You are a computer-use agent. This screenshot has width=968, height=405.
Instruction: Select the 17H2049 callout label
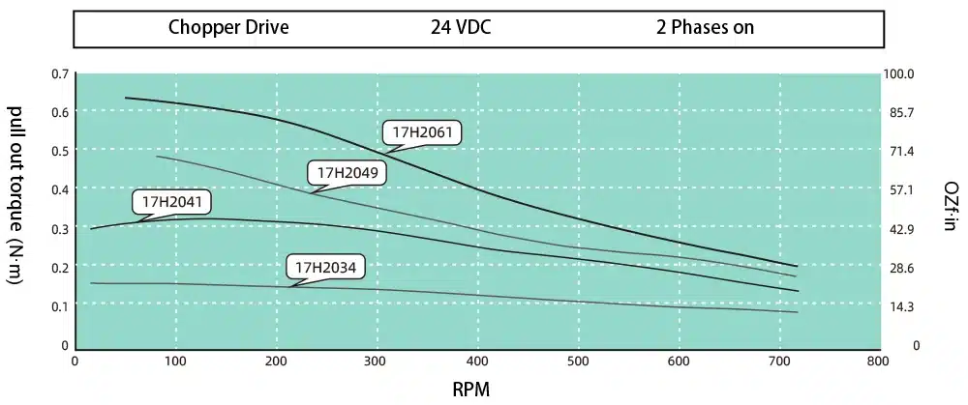click(x=348, y=173)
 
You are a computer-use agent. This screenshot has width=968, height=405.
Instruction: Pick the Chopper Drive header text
click(x=228, y=27)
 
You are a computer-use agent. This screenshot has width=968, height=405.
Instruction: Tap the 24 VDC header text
click(x=461, y=27)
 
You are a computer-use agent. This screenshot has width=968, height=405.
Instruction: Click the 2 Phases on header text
click(x=705, y=27)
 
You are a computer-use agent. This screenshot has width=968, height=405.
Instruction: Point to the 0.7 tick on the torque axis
click(x=60, y=74)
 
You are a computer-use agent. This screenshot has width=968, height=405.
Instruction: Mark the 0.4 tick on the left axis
click(x=60, y=189)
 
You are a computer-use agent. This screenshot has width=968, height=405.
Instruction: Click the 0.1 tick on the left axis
click(x=60, y=306)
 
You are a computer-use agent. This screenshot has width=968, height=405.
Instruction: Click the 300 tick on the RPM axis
click(x=377, y=362)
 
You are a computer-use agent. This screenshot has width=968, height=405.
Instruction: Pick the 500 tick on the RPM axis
click(x=578, y=362)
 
